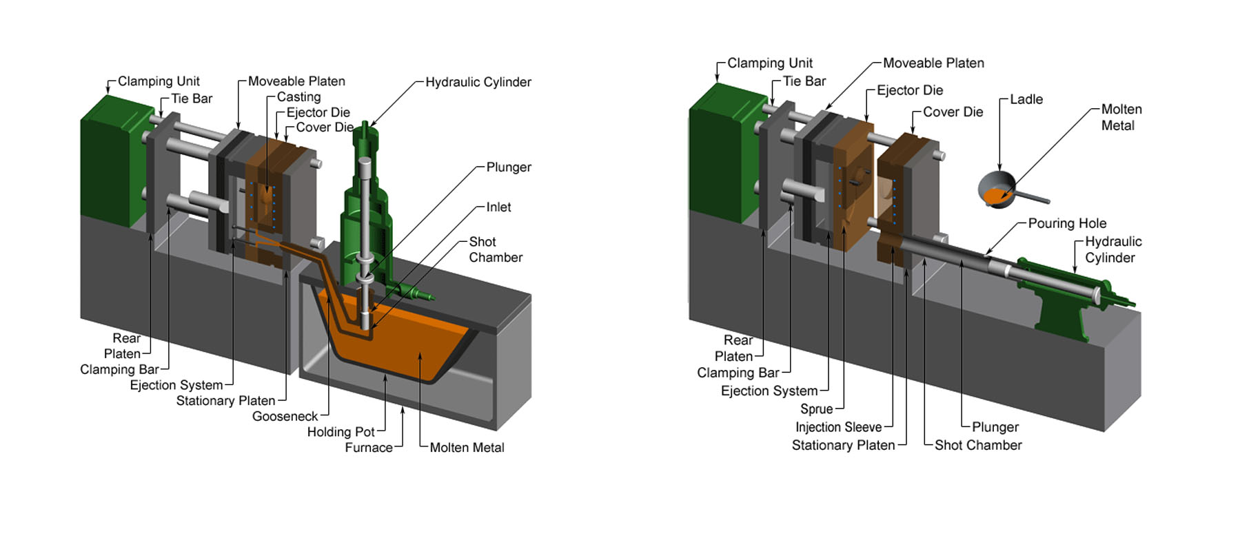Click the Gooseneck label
285,416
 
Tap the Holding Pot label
341,432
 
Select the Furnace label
369,448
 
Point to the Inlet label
498,207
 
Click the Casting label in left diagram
298,97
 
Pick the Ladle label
1026,99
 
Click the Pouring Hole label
1067,223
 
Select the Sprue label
816,409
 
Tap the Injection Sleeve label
838,427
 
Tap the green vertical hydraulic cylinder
365,207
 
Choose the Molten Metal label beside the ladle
1121,118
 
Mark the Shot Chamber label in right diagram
978,445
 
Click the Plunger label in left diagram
509,167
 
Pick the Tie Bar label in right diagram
804,81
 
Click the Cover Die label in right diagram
953,112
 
